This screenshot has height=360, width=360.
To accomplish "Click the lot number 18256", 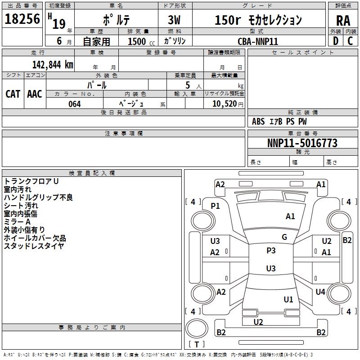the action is pos(22,19).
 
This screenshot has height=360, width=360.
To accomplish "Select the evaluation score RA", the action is pos(343,21).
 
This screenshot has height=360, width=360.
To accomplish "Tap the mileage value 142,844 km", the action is pos(53,65).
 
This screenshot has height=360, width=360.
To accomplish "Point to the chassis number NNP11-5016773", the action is pos(302,143).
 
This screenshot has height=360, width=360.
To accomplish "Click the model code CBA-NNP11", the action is pos(258,41).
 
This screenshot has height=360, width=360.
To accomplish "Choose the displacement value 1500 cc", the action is pos(141,41).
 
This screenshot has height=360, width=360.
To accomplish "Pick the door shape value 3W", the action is pos(174,20).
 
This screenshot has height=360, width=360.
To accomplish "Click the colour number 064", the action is pos(75,104).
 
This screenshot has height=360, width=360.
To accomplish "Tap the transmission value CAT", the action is pos(13,94).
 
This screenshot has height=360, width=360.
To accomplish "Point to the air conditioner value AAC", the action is pos(35,94).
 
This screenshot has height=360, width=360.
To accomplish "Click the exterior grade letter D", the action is pos(336,41).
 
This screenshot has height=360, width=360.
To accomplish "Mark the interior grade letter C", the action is pos(350,41).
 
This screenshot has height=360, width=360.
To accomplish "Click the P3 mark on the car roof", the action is pos(271,251).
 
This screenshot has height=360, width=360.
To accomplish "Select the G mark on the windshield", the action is pos(284,237).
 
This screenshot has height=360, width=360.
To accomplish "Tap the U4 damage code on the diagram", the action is pos(320,292).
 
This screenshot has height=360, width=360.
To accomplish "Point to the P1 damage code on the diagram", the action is pos(215,206).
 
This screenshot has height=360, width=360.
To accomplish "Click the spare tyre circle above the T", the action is pos(197,328).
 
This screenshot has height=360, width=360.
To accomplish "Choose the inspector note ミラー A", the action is pos(17,222).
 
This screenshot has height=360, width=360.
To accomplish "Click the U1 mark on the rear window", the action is pos(288,299).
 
